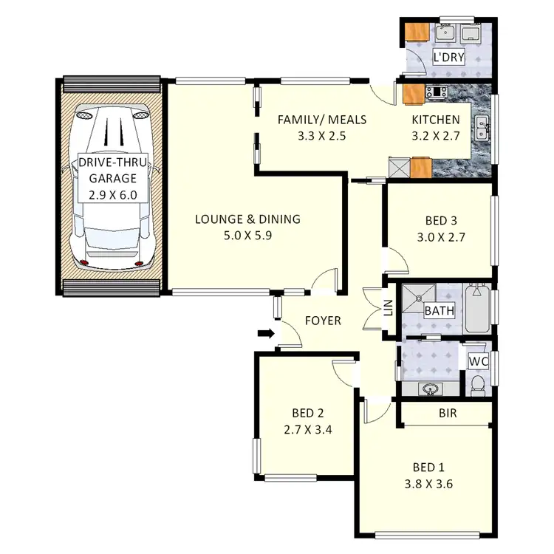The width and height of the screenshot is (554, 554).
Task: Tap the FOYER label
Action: pyautogui.click(x=323, y=321)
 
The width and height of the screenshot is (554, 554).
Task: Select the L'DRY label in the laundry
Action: pyautogui.click(x=448, y=57)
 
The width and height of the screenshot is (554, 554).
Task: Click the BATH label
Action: pyautogui.click(x=439, y=311)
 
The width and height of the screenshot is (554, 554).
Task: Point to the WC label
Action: pyautogui.click(x=479, y=362)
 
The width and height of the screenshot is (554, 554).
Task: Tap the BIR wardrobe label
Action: pyautogui.click(x=448, y=414)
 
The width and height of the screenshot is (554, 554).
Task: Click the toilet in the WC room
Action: pyautogui.click(x=478, y=383)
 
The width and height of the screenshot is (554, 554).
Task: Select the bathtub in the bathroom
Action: pyautogui.click(x=477, y=309)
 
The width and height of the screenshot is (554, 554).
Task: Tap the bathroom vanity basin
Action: pyautogui.click(x=430, y=387)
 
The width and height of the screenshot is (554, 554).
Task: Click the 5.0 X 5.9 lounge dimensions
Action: pyautogui.click(x=247, y=236)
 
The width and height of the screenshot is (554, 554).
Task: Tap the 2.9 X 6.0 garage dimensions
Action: pyautogui.click(x=113, y=195)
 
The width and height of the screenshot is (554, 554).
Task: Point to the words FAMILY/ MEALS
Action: pyautogui.click(x=321, y=120)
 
